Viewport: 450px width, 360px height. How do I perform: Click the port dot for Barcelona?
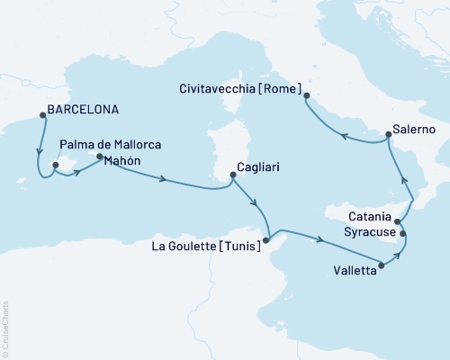coord(40,113)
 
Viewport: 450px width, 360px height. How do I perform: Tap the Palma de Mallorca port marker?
coord(55,165)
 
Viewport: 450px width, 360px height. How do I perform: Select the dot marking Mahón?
coord(100,157)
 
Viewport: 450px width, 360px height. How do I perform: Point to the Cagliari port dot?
coord(231,177)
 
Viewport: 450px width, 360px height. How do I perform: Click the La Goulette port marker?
coord(265,239)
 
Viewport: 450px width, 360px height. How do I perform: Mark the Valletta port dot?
coord(383,265)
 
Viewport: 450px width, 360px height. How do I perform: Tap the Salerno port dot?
coord(388,134)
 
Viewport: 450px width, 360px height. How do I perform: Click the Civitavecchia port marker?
coord(307,95)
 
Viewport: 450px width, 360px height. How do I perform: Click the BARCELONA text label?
coord(81,113)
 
